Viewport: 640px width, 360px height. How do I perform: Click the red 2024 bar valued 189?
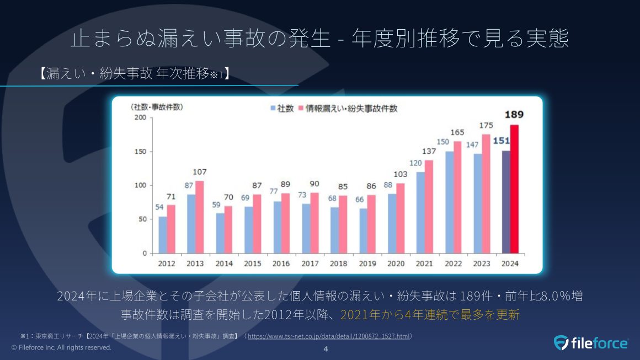pyautogui.click(x=514, y=189)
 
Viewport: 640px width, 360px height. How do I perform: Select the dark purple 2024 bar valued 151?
pyautogui.click(x=506, y=202)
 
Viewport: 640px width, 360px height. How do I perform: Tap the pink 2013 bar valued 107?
pyautogui.click(x=199, y=217)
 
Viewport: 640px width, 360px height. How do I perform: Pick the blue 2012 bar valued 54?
pyautogui.click(x=162, y=235)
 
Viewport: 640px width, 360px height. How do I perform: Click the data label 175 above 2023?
pyautogui.click(x=486, y=126)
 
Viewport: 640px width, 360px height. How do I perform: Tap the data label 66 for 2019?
pyautogui.click(x=359, y=200)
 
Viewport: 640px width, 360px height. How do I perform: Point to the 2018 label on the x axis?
pyautogui.click(x=338, y=264)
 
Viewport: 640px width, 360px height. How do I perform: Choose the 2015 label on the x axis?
pyautogui.click(x=253, y=264)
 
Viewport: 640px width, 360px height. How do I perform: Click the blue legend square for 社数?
pyautogui.click(x=273, y=109)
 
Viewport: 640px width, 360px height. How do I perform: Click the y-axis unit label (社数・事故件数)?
pyautogui.click(x=157, y=106)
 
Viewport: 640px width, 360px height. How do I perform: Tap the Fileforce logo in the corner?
pyautogui.click(x=590, y=343)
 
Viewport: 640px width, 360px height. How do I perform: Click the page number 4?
pyautogui.click(x=326, y=349)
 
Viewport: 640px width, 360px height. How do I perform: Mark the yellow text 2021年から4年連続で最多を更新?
pyautogui.click(x=430, y=315)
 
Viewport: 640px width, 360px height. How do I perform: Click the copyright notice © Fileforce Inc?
pyautogui.click(x=61, y=347)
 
